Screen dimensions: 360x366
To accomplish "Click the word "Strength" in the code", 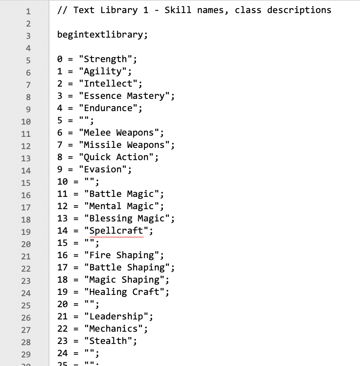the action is pos(105,59).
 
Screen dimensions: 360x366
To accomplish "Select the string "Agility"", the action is pos(102,71).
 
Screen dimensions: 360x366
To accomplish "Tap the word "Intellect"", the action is pos(108,84).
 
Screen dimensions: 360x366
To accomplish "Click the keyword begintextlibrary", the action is pos(100,34).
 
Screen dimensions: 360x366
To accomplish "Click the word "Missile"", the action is pos(102,145).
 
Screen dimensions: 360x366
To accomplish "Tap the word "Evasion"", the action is pos(102,170).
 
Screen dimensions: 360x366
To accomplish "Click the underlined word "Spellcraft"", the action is pos(116,231).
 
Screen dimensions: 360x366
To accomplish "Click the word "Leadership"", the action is pos(116,317).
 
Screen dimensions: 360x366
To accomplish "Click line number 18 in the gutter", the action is pos(26,219).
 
